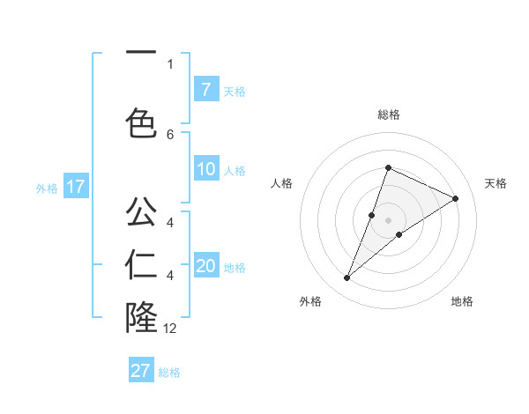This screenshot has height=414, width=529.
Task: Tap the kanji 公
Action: pos(141,211)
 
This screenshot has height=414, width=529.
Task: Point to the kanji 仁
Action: pos(141,264)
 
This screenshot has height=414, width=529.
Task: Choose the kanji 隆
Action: pos(141,318)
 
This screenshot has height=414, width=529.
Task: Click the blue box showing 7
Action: pos(205,89)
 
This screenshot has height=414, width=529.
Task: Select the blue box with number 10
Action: pos(206,169)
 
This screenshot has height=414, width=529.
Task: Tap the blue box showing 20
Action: pos(206,266)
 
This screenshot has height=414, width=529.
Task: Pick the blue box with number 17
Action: pos(76,186)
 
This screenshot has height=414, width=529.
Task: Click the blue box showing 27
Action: pos(141,371)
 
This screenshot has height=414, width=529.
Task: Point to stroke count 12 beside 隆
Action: pos(170,328)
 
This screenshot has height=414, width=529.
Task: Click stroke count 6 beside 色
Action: pos(170,134)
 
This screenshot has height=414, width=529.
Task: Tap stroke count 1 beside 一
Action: pos(170,63)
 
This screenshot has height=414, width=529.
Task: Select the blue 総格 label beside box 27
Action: pos(170,373)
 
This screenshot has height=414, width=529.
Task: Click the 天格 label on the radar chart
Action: pos(496,183)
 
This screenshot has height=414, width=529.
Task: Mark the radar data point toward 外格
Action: pos(347,278)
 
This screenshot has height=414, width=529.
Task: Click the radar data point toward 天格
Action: pos(455,198)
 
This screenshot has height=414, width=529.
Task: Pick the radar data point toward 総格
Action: pos(388,168)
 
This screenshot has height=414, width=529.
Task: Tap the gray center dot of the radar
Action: pos(388,219)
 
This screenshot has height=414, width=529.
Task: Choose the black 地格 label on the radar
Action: pos(462,301)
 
